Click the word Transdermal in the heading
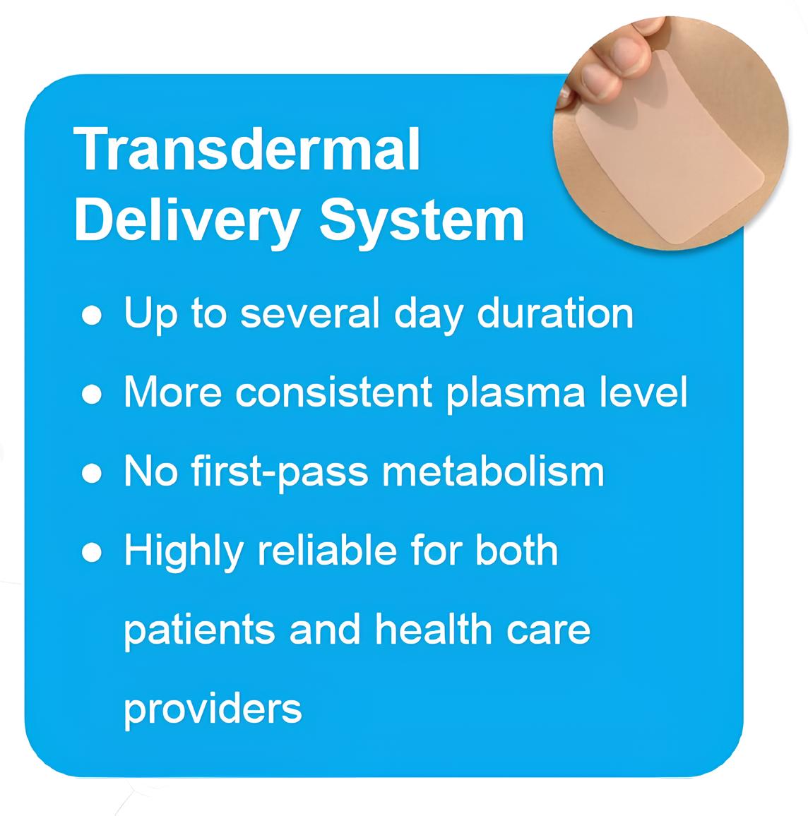(246, 150)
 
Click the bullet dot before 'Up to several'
(92, 316)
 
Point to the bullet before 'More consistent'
(92, 395)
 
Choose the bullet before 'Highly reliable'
(92, 553)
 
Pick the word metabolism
(493, 472)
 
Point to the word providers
(213, 711)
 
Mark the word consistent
(333, 393)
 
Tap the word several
(310, 314)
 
